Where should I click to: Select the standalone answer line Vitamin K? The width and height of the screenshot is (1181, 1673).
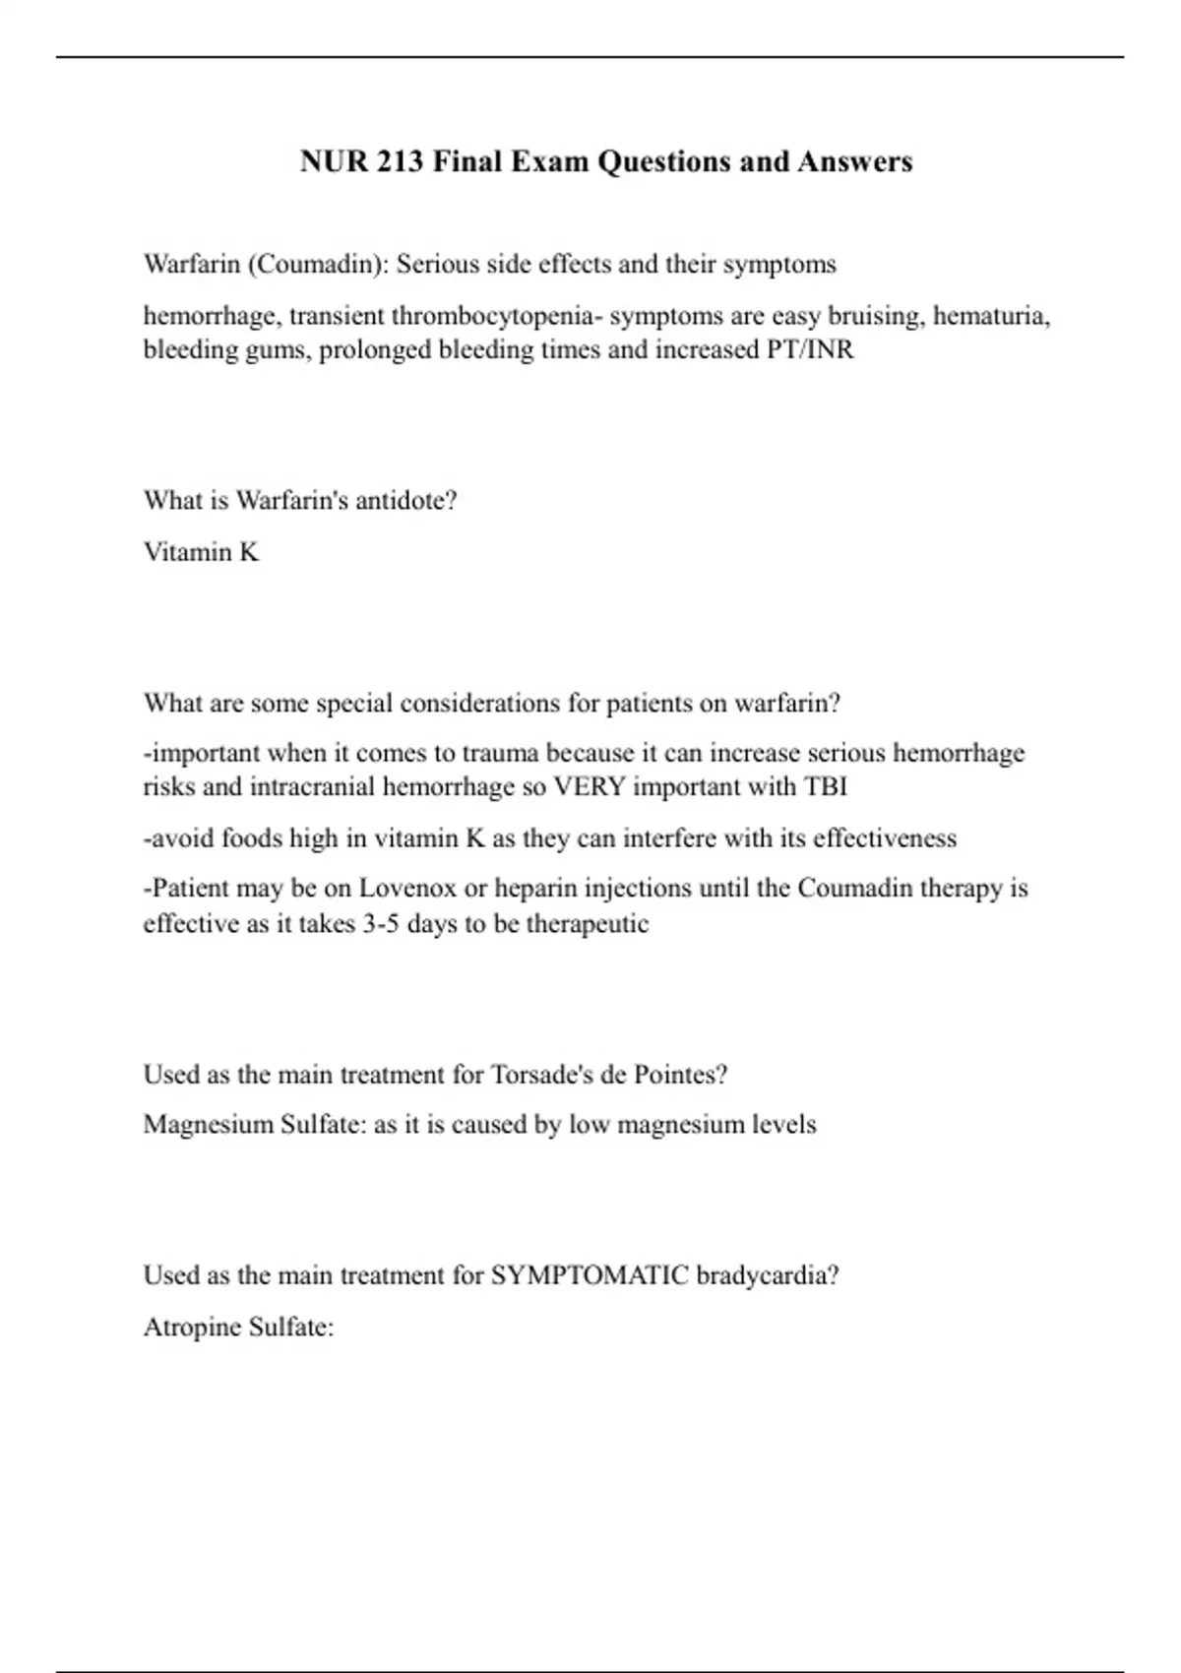click(x=201, y=552)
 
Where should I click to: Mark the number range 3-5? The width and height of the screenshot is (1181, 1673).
click(x=379, y=924)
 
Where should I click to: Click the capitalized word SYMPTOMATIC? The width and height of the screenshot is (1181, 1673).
click(x=590, y=1275)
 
